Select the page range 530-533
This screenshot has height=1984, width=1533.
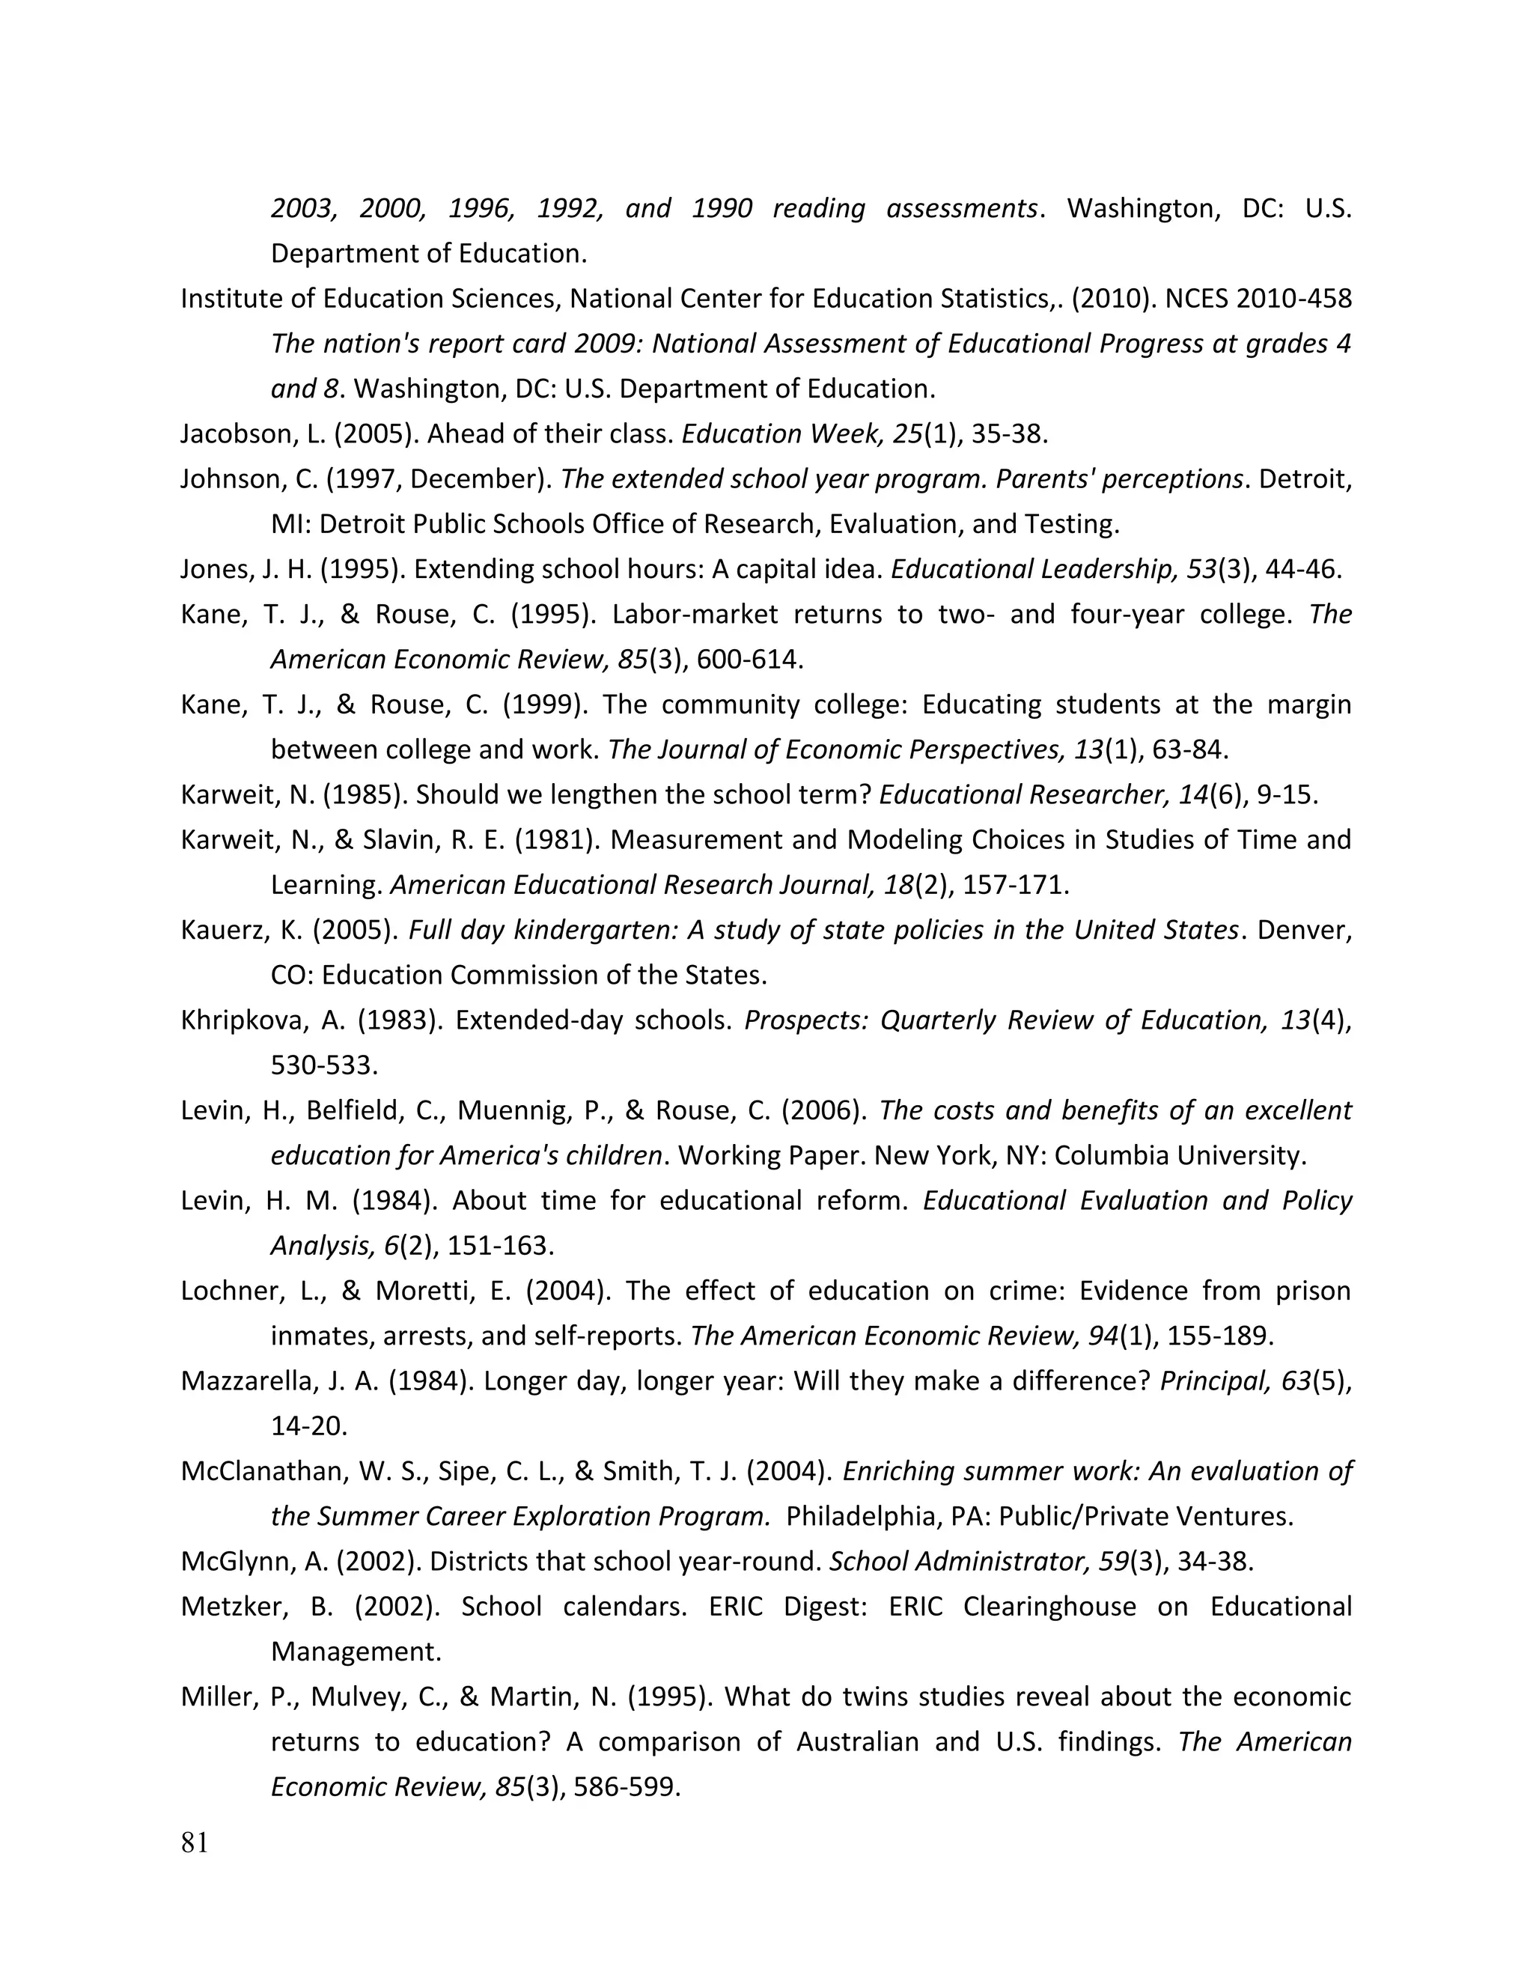tap(323, 1065)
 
